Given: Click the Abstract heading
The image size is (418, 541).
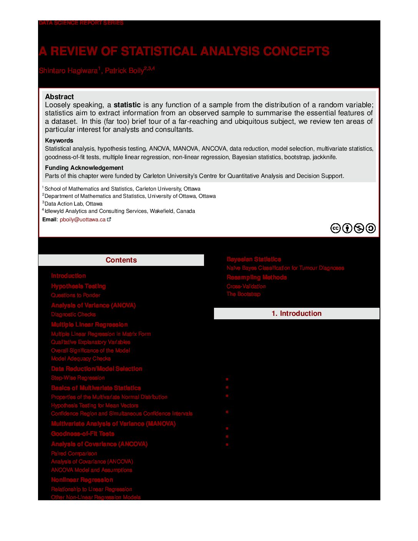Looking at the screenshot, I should coord(59,97).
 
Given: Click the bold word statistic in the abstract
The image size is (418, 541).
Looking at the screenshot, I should coord(127,105).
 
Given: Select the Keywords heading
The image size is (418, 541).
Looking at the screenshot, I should coord(59,141).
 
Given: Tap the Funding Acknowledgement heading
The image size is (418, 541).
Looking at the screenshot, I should coord(84,168).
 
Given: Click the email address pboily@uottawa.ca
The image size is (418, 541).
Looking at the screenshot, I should coord(83,220).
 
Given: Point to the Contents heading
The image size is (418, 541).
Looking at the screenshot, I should coord(121,260).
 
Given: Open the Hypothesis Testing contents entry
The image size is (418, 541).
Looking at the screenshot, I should coord(78,286).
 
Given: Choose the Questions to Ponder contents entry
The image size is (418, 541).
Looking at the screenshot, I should coord(76,295).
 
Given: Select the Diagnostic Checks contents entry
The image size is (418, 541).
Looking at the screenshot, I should coord(73,314).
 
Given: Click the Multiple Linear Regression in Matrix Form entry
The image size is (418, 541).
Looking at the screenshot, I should coord(101,334).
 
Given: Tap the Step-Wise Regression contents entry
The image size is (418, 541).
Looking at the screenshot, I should coord(78,378).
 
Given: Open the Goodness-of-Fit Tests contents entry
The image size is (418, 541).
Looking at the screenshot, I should coord(83,434).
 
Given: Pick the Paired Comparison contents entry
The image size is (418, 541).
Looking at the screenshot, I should coord(74,453).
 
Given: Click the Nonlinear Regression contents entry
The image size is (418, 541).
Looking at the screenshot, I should coord(82,480).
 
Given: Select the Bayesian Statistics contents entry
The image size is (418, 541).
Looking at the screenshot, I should coord(254,259).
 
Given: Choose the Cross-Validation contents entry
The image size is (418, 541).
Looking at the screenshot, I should coord(246,286).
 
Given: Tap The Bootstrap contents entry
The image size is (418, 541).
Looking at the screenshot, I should coord(244,294).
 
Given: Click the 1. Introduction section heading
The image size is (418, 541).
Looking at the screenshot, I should coord(296,314).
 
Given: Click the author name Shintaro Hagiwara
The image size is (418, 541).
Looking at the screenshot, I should coord(68,71).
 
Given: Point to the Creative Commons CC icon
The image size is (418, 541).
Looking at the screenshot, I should coord(335,228).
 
